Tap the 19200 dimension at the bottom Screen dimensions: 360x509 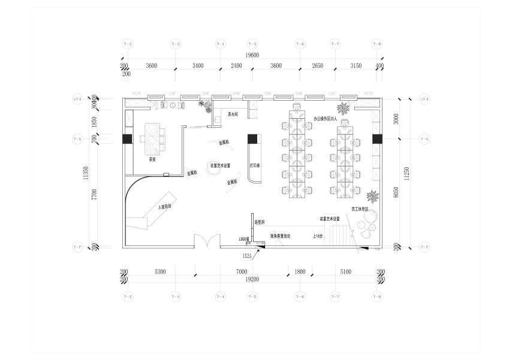coord(252,280)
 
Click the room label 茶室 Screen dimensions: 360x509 coord(152,160)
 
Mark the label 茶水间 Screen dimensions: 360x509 coord(233,113)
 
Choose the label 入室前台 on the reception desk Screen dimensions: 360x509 coord(165,206)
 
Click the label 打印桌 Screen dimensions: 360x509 coord(254,164)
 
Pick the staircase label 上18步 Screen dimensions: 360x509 coord(318,236)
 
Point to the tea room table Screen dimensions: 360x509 coord(152,136)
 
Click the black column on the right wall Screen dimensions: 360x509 coord(377,139)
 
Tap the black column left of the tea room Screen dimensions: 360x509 coord(127,139)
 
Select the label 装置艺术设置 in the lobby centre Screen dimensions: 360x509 coord(220,165)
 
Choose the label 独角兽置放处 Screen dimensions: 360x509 coord(280,236)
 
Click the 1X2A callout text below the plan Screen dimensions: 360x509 coord(246,256)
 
